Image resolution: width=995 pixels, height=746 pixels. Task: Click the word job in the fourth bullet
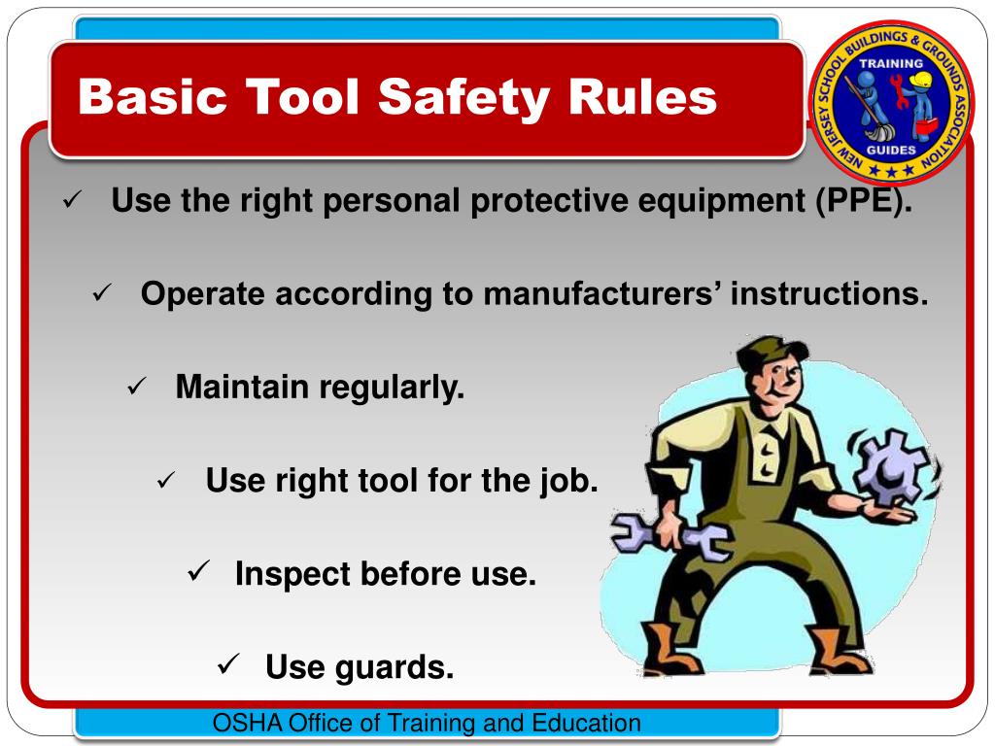coord(572,480)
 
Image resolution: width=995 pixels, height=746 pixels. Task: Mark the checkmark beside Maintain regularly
coord(136,388)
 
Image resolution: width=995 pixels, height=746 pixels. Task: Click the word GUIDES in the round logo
coord(891,150)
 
